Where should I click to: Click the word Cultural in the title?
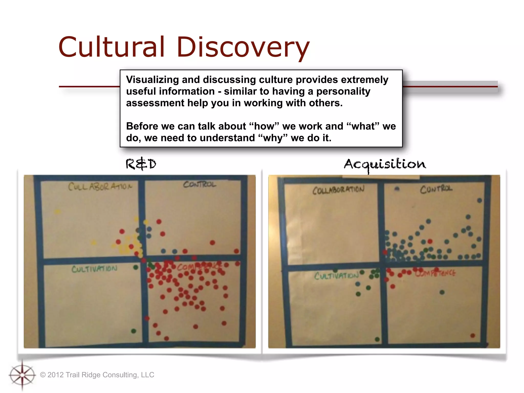click(x=111, y=47)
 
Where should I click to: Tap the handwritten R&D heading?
click(x=141, y=164)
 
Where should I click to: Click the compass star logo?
click(x=22, y=375)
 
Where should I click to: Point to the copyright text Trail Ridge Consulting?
click(x=97, y=375)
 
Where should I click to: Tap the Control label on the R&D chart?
click(x=200, y=184)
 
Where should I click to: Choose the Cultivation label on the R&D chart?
click(x=94, y=269)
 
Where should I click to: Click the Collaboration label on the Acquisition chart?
click(x=338, y=190)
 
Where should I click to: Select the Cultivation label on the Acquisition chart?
click(x=336, y=276)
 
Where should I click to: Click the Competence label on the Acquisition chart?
click(x=435, y=273)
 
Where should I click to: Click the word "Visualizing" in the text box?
click(x=152, y=80)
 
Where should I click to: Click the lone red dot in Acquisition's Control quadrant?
click(x=430, y=241)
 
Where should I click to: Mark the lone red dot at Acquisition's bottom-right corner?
click(x=473, y=335)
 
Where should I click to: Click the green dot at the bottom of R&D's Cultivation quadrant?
click(x=134, y=331)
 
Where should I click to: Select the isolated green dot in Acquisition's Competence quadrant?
click(x=442, y=292)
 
